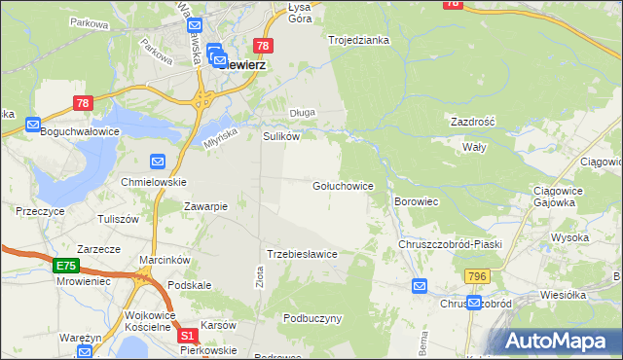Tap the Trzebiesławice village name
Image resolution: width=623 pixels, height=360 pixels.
tap(302, 254)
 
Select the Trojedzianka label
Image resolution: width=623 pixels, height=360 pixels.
tap(358, 40)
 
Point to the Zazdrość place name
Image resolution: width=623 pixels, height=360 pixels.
tap(473, 122)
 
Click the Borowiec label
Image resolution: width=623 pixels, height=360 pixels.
tap(419, 201)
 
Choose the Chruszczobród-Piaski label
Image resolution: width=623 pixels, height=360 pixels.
tap(450, 243)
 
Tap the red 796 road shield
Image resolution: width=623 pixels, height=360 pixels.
tap(476, 277)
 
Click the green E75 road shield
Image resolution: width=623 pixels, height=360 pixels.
tap(66, 266)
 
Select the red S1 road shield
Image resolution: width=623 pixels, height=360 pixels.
tap(189, 336)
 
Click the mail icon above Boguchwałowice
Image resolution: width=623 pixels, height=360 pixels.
tap(33, 125)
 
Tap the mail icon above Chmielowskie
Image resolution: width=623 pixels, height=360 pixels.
tap(158, 162)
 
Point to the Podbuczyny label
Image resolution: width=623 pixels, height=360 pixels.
tap(311, 318)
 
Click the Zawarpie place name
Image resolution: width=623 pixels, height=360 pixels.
tap(205, 206)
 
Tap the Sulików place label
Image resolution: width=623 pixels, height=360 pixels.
tap(280, 137)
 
